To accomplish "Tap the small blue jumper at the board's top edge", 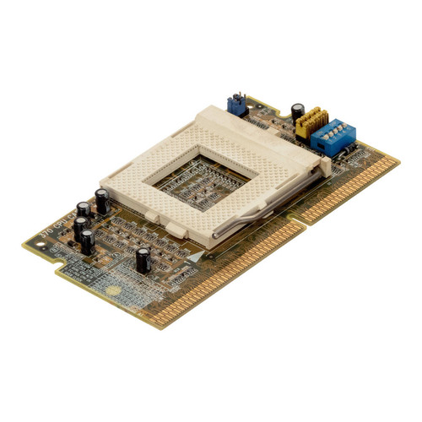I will tap(235, 104).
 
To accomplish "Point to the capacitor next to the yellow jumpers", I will tap(299, 111).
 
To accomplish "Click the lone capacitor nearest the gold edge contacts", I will tap(143, 259).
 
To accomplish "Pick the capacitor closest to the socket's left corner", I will tap(101, 201).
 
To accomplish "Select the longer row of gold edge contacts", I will tap(219, 270).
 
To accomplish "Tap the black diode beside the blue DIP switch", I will tap(348, 154).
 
